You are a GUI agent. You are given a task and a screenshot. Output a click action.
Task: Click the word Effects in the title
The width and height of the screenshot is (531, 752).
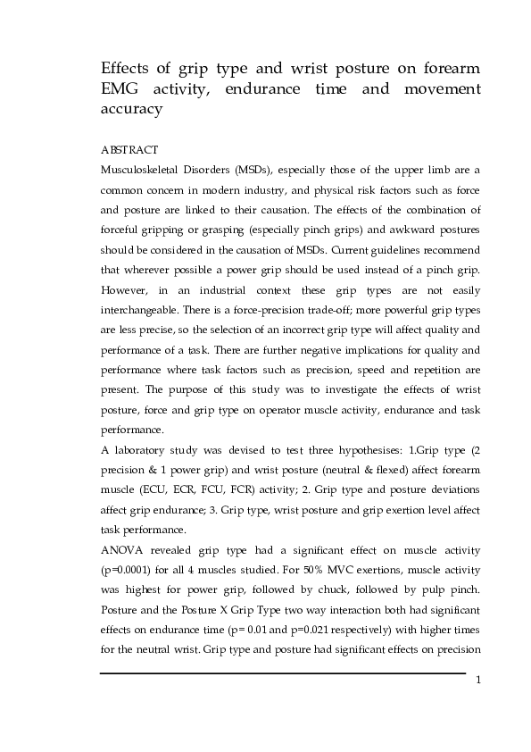(x=126, y=70)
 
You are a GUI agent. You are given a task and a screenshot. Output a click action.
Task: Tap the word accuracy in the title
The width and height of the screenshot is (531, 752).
(x=131, y=110)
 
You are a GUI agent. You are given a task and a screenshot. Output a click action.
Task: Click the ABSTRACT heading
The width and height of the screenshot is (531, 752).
(x=129, y=150)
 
